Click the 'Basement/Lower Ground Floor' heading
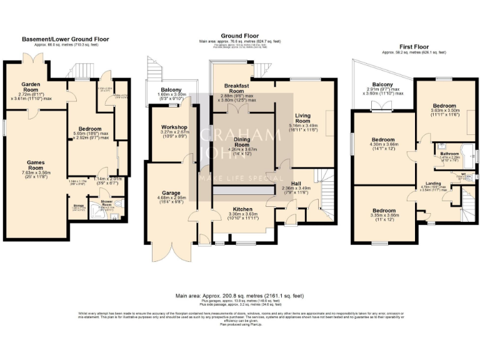point(66,39)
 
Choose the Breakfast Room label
point(237,87)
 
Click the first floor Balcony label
point(382,85)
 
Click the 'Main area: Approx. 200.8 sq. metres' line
point(241,294)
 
